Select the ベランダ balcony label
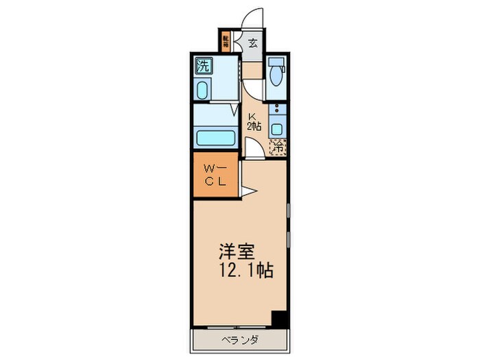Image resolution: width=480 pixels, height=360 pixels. [x=239, y=340]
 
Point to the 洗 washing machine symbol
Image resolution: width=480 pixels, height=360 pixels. [x=203, y=67]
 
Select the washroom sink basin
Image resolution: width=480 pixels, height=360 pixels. [x=203, y=90]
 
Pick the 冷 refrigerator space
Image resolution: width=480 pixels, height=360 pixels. [x=278, y=147]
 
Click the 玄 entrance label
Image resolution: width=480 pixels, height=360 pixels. [x=252, y=43]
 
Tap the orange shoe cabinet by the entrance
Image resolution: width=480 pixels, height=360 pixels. [x=226, y=42]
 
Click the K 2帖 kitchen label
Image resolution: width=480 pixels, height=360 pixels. [x=254, y=121]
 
